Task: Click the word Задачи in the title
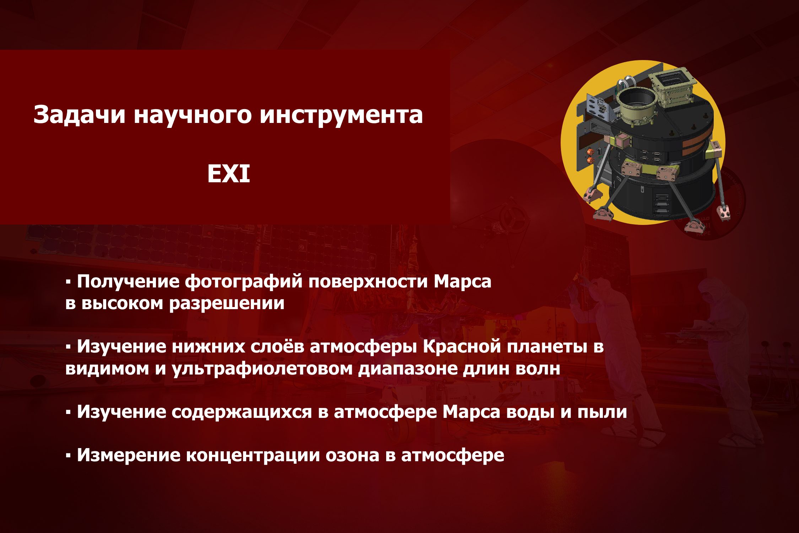79,115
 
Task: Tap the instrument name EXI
229,174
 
